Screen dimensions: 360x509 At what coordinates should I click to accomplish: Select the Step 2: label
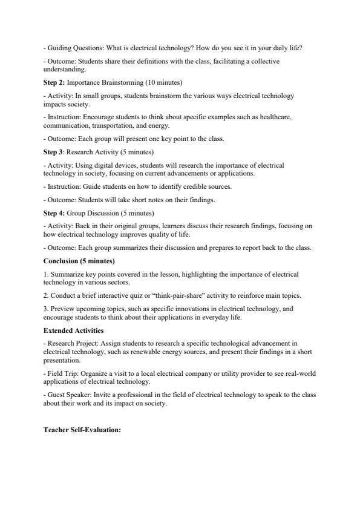click(54, 82)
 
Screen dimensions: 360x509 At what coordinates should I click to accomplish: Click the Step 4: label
click(54, 213)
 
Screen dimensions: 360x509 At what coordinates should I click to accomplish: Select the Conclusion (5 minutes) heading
click(79, 261)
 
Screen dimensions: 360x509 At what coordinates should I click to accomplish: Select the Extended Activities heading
click(73, 330)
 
